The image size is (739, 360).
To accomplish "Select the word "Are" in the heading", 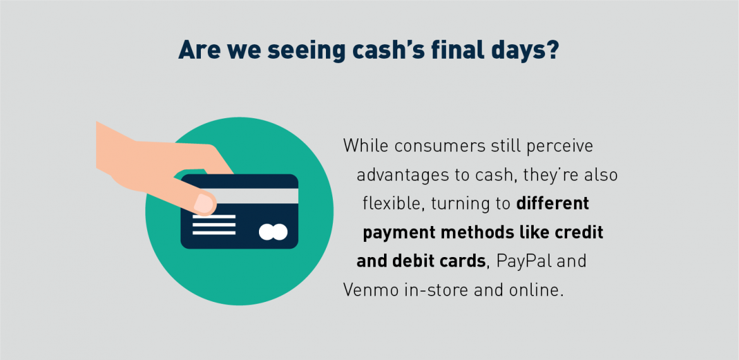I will pyautogui.click(x=197, y=50).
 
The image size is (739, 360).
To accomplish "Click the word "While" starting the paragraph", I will pyautogui.click(x=365, y=145).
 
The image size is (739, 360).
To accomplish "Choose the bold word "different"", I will pyautogui.click(x=553, y=204).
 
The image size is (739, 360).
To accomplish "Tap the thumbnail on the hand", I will pyautogui.click(x=204, y=203).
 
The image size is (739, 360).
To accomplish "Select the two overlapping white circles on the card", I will pyautogui.click(x=273, y=232).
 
